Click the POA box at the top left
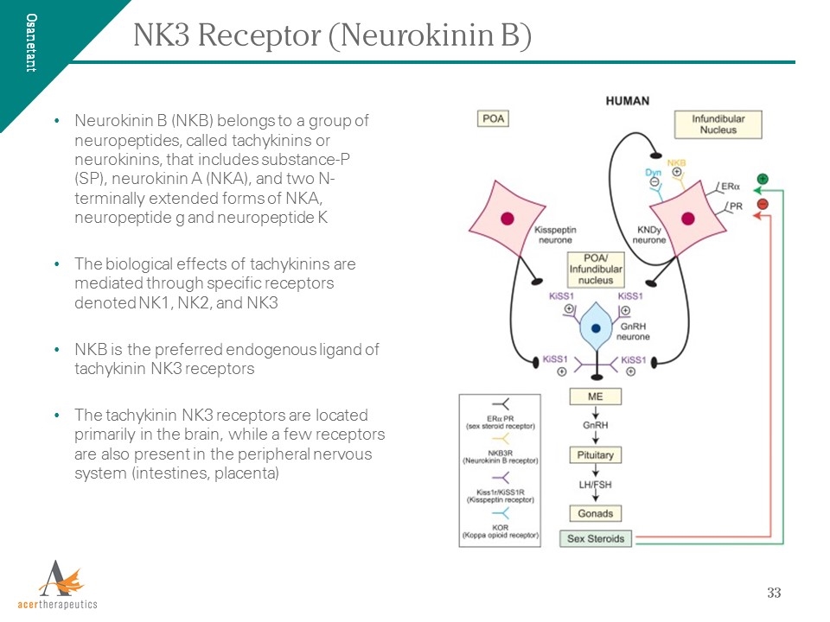495,117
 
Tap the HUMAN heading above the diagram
628,101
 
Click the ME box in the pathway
595,397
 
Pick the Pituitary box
595,454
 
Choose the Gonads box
595,513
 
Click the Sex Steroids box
596,538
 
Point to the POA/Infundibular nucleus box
596,270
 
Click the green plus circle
762,180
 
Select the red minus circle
762,204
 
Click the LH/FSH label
595,485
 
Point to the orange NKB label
676,162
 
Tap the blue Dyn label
654,173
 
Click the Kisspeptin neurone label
556,234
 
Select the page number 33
774,593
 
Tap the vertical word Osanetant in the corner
31,43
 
